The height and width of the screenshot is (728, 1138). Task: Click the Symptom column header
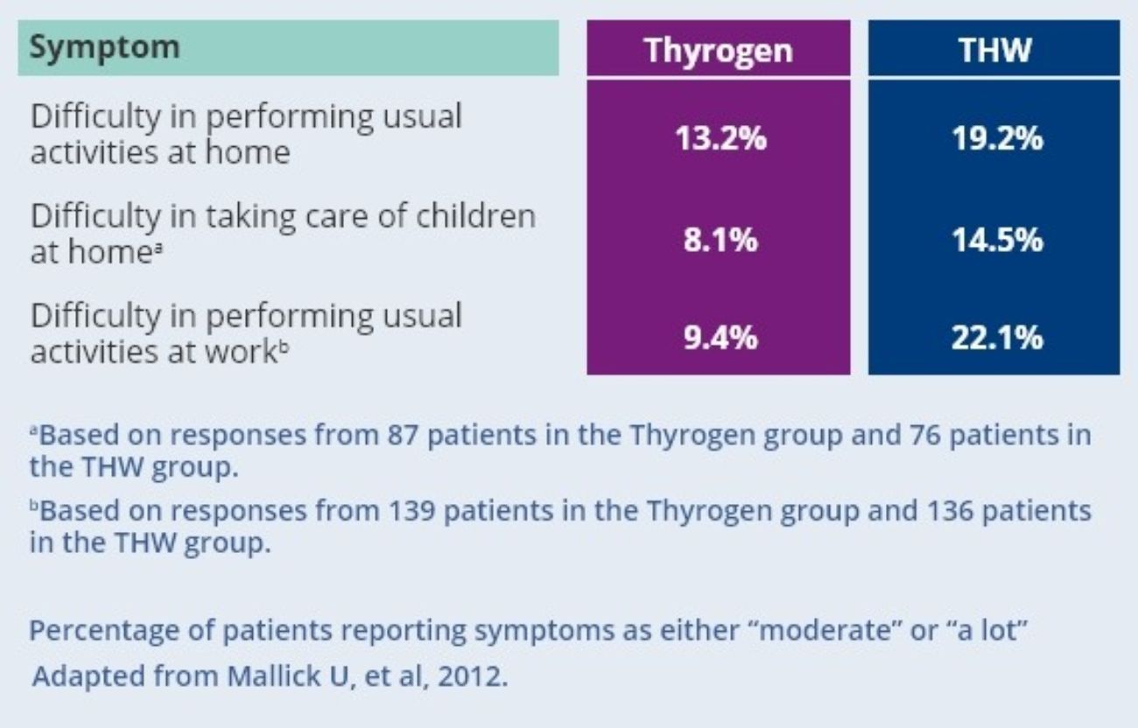click(104, 47)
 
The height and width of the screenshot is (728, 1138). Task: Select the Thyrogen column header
click(718, 51)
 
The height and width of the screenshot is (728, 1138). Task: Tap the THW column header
click(994, 51)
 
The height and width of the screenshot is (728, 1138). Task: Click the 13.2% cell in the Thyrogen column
click(718, 137)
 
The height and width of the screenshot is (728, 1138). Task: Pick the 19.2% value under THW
click(994, 137)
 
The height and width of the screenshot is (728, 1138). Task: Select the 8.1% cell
click(718, 238)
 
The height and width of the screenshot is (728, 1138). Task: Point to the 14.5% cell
click(994, 238)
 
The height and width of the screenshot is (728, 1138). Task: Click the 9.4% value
click(718, 337)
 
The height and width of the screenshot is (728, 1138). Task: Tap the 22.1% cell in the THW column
click(994, 337)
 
